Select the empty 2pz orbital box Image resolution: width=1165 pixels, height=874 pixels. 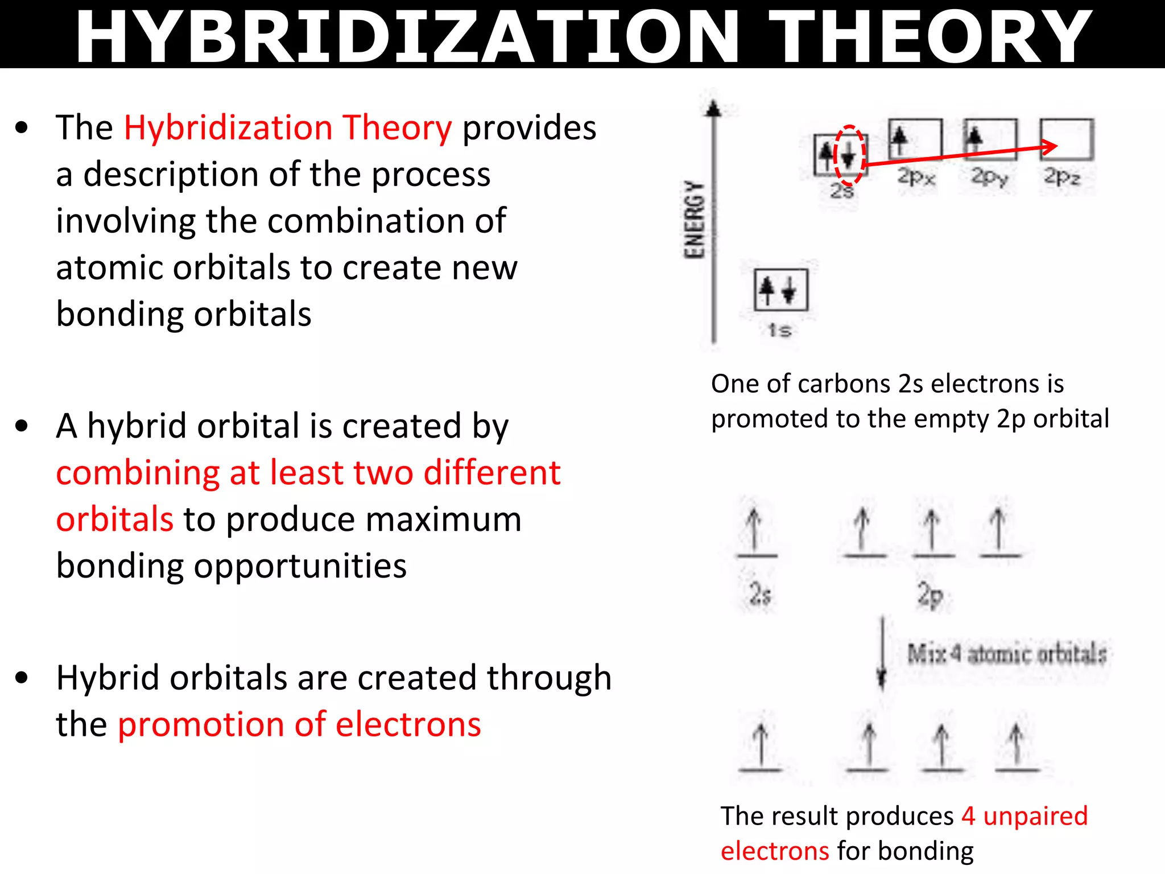(1067, 139)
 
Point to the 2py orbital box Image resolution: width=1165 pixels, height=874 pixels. (990, 139)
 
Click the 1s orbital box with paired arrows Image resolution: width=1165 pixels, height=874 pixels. (780, 290)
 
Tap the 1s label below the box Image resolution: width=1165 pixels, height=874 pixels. (779, 330)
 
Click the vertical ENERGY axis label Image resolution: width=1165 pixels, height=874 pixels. (695, 220)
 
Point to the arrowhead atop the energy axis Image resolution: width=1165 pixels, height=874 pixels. (713, 109)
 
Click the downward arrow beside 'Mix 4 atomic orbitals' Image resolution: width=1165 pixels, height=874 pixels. (882, 654)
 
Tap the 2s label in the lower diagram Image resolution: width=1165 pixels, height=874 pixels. (760, 594)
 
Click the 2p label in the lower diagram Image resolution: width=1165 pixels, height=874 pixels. (930, 595)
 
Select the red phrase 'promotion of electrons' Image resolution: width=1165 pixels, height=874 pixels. (299, 724)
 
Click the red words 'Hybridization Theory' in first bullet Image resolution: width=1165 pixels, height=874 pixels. (288, 127)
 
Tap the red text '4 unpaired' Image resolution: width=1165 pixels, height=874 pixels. (1024, 815)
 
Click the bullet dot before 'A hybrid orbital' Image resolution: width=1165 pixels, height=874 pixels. (22, 426)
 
